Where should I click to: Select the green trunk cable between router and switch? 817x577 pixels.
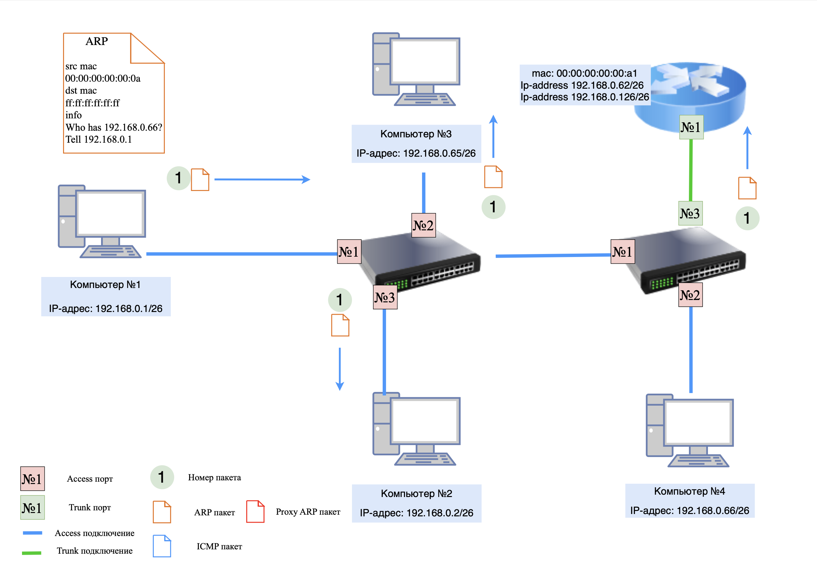pyautogui.click(x=691, y=171)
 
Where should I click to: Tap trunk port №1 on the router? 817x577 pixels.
pyautogui.click(x=691, y=127)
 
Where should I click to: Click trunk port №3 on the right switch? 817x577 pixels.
pyautogui.click(x=690, y=213)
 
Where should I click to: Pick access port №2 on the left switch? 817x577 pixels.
pyautogui.click(x=423, y=225)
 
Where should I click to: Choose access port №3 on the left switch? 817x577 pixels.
pyautogui.click(x=385, y=297)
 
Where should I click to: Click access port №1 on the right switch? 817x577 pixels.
pyautogui.click(x=623, y=252)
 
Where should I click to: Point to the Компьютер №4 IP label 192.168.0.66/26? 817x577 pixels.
pyautogui.click(x=689, y=511)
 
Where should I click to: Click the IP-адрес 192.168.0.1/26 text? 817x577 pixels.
pyautogui.click(x=106, y=308)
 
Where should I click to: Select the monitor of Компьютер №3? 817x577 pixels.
pyautogui.click(x=424, y=61)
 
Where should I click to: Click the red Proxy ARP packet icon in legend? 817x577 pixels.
pyautogui.click(x=255, y=512)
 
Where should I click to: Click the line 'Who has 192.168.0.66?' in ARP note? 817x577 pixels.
pyautogui.click(x=113, y=127)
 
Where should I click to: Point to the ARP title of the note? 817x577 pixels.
pyautogui.click(x=96, y=41)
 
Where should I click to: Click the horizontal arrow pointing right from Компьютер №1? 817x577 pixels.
pyautogui.click(x=262, y=180)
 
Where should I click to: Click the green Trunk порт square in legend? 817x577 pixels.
pyautogui.click(x=32, y=507)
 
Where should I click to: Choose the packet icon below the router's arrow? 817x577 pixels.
pyautogui.click(x=747, y=188)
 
